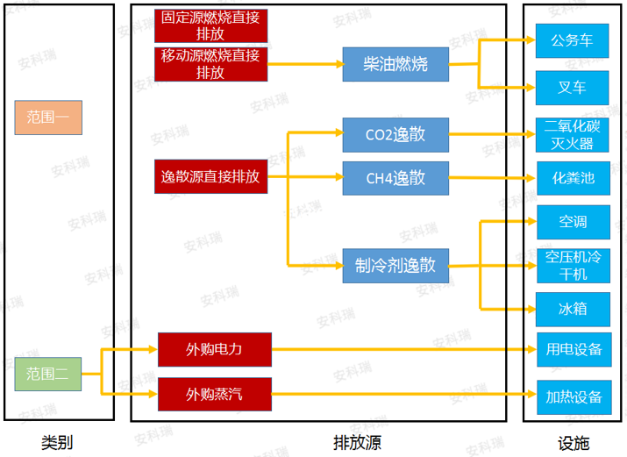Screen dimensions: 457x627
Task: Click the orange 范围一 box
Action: click(x=48, y=117)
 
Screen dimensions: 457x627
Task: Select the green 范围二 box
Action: click(x=48, y=374)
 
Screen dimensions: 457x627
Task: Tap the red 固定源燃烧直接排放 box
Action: click(x=210, y=25)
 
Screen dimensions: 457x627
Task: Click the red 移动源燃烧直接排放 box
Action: click(x=210, y=64)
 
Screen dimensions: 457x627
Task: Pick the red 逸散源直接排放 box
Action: click(x=210, y=176)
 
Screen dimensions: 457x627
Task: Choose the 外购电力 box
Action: click(x=214, y=349)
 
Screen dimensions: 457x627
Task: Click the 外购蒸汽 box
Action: click(x=214, y=394)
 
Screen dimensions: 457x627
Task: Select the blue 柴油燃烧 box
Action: click(x=395, y=64)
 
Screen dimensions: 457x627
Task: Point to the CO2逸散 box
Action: click(x=395, y=134)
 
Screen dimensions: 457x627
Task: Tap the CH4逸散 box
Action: click(x=395, y=178)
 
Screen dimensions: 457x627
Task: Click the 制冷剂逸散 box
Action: click(x=395, y=266)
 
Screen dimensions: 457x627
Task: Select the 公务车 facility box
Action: click(x=573, y=40)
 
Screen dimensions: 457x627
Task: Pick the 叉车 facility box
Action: click(x=573, y=87)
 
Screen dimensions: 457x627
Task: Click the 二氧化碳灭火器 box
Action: click(x=573, y=134)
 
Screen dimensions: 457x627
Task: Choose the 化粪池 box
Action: click(x=573, y=178)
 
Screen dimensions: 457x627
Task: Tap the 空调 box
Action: click(x=573, y=221)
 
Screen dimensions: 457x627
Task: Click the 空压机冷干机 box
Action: click(x=573, y=265)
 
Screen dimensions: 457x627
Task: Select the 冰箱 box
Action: click(x=573, y=309)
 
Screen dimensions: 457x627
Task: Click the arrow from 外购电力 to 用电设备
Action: click(x=403, y=350)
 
